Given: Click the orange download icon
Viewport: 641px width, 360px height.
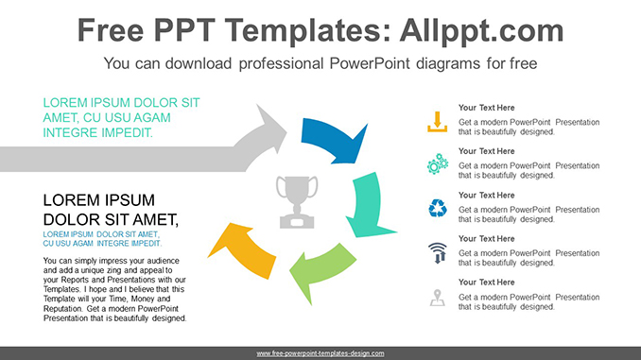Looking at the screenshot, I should (x=437, y=121).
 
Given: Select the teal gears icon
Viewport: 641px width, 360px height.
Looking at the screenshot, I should (x=437, y=164).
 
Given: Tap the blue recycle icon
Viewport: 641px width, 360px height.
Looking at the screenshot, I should (x=437, y=208).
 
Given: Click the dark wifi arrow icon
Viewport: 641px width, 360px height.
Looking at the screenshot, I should (x=437, y=252).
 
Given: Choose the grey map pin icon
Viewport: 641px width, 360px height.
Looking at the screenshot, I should (x=437, y=297).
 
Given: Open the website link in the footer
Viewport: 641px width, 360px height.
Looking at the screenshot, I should (x=320, y=353).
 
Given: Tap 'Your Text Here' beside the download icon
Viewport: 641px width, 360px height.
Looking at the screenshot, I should (x=486, y=108).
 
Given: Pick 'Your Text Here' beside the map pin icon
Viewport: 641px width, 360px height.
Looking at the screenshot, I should (x=486, y=283).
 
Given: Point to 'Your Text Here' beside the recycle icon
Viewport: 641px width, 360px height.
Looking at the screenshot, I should (x=486, y=195).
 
